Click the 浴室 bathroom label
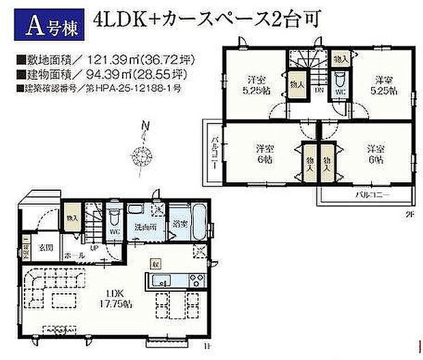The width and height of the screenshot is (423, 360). click(x=179, y=223)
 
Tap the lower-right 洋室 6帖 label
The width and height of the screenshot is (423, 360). click(x=373, y=152)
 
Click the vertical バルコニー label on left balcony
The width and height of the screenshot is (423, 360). click(x=214, y=151)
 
